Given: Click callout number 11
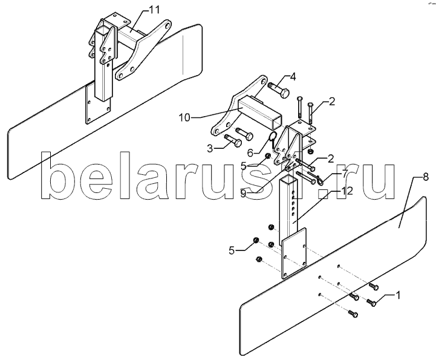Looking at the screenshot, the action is point(154,10).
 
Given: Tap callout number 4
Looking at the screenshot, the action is point(293,77).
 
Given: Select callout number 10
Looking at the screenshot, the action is point(184,117).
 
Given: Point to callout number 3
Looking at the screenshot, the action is point(210,148).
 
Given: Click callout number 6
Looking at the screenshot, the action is point(250,152).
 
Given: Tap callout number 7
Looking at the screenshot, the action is point(344,174).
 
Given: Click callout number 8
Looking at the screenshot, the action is point(426,177).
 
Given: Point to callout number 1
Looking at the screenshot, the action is point(398,295).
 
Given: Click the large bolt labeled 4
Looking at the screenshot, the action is point(279,90).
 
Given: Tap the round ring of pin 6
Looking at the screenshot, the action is point(273,137).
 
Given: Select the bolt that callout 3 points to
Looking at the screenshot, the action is point(233,140).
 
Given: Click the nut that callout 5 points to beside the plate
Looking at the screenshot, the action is point(255,240).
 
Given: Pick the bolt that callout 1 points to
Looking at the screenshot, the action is point(371,303).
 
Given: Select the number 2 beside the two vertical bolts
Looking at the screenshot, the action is point(332,102).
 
